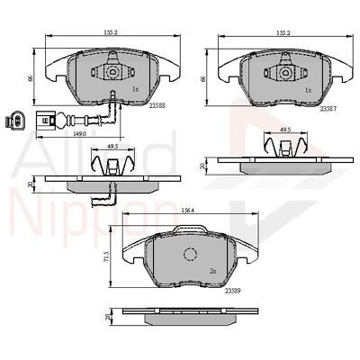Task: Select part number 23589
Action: pos(232,289)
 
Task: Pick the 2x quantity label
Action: pos(213,269)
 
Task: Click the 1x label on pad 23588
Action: pos(135,90)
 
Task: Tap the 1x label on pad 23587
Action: pos(308,90)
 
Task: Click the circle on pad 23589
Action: pos(189,253)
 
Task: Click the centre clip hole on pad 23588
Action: pos(113,72)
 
